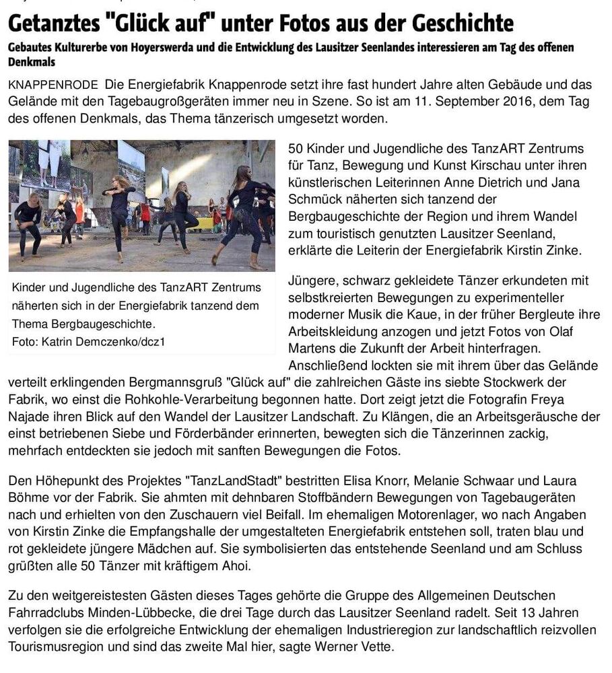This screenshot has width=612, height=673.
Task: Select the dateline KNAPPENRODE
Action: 53,85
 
